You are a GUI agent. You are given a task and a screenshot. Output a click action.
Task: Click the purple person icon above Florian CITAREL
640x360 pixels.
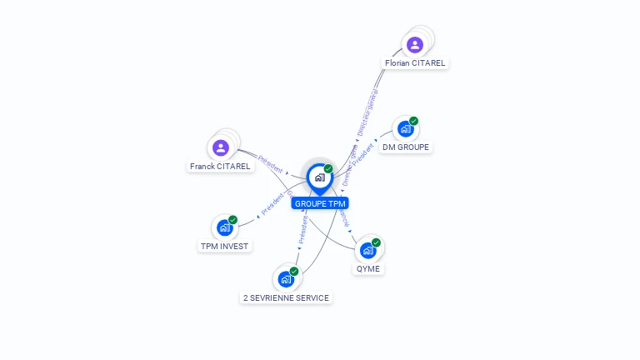pos(415,44)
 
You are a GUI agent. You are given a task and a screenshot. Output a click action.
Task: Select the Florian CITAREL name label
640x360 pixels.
pos(415,63)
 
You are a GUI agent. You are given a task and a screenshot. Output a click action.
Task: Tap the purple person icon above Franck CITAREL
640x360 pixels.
pos(221,147)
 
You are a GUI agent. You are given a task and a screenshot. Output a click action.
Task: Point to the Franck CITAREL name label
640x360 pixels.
pos(220,167)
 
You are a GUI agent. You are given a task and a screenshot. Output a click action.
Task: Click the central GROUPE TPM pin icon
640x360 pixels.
pos(319,177)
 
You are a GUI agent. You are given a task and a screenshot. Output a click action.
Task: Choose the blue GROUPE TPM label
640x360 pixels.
pos(320,203)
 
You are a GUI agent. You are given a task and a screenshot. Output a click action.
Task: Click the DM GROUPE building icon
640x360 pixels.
pos(406,128)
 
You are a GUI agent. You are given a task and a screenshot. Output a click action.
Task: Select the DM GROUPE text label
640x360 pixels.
pos(406,147)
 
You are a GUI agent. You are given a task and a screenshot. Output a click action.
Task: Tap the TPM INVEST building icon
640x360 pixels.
pos(224,227)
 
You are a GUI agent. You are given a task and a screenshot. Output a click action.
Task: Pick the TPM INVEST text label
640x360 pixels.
pos(224,246)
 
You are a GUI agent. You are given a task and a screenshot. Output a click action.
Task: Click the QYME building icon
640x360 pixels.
pos(367,249)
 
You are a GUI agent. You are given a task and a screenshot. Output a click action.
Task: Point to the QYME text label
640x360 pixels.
pos(367,268)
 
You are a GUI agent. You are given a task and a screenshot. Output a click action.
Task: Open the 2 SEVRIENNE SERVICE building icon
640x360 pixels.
pos(286,278)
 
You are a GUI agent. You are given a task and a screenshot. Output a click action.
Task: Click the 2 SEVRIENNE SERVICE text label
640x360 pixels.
pos(286,297)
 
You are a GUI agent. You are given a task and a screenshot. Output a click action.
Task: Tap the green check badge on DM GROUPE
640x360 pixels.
pos(413,121)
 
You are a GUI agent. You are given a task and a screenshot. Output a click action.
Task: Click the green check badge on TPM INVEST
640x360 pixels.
pos(232,219)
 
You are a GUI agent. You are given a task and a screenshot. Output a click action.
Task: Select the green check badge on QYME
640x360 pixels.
pos(376,242)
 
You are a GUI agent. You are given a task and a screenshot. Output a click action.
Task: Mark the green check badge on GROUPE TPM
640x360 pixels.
pos(328,168)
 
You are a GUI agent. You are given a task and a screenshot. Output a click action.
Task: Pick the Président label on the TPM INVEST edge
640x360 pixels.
pos(272,205)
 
